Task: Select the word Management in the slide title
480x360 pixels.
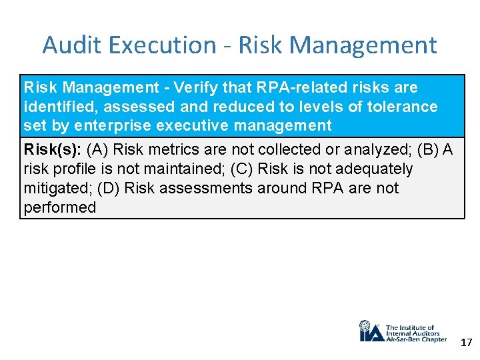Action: click(363, 45)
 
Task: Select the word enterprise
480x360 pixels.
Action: click(106, 125)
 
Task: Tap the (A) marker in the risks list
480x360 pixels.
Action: click(99, 149)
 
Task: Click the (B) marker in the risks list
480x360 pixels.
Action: click(427, 149)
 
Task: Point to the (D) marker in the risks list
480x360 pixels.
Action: click(109, 188)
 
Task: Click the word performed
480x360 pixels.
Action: click(60, 207)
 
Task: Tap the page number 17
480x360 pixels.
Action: click(466, 343)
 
